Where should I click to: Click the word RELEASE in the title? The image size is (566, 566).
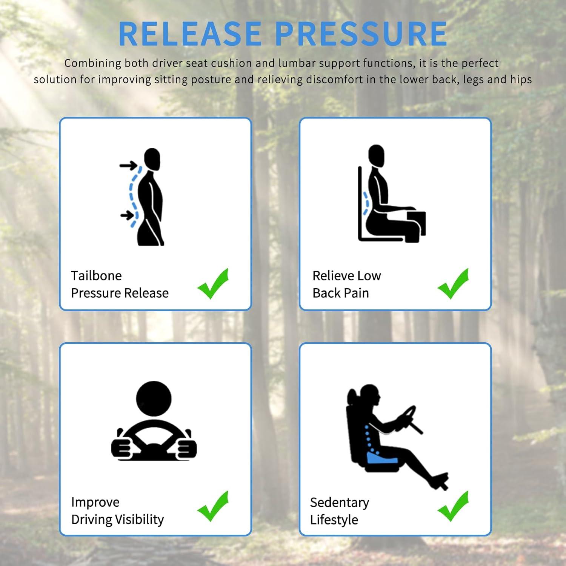click(190, 34)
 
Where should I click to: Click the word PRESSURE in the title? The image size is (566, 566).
click(361, 34)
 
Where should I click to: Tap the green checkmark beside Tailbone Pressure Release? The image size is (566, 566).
click(213, 284)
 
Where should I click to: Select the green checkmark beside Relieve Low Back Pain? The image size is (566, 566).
click(453, 284)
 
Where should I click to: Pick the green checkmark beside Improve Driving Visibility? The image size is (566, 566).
click(213, 506)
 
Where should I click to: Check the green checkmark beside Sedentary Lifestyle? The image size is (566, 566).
click(453, 506)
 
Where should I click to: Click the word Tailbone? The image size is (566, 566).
click(96, 276)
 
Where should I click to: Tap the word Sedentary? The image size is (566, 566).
click(340, 503)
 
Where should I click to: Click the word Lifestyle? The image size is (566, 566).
click(334, 520)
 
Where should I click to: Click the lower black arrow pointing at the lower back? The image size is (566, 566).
click(128, 215)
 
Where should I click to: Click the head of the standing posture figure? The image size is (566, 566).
click(152, 159)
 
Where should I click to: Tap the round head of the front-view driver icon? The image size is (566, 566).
click(154, 399)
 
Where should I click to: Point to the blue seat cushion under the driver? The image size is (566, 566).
click(382, 458)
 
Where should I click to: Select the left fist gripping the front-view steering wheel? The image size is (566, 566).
click(121, 448)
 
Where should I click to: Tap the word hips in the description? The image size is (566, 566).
click(521, 80)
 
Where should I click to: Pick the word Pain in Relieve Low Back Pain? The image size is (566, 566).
click(357, 293)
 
